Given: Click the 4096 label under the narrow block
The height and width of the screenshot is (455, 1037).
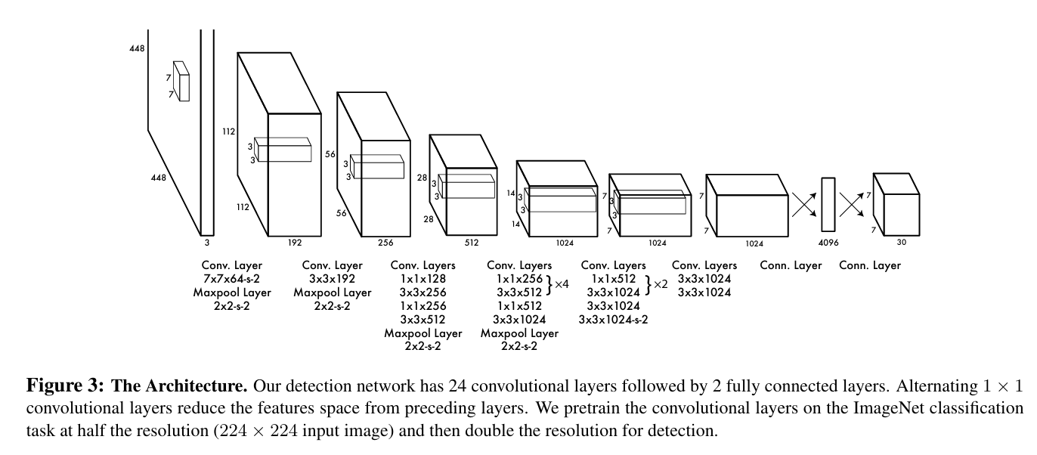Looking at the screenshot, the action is (828, 243).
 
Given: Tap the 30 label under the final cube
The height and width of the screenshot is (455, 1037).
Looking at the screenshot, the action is (902, 242).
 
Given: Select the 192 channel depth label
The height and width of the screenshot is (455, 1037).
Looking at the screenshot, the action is (295, 243).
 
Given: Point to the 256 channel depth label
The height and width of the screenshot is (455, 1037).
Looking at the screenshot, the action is (385, 243).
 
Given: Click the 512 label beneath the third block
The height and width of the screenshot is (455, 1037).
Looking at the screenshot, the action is (472, 243).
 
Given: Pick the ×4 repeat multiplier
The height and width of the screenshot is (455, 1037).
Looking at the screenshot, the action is (562, 284).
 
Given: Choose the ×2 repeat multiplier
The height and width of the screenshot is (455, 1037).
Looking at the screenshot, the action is (661, 284).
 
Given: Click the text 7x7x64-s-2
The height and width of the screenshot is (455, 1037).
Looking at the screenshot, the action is (231, 279).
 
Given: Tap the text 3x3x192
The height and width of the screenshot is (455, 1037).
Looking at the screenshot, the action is (332, 279).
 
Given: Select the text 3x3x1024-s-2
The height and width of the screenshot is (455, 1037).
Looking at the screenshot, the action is (613, 320).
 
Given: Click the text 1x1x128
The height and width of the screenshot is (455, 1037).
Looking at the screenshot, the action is (423, 279).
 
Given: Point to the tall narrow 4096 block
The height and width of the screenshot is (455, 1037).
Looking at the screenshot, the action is (828, 205).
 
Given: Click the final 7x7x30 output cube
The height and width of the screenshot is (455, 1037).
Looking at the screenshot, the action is (896, 205).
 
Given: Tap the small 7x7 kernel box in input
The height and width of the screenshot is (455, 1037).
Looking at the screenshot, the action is (181, 82).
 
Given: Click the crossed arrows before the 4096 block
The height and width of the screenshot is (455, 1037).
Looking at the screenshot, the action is (804, 205).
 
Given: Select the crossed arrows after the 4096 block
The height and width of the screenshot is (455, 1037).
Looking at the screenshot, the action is (852, 205).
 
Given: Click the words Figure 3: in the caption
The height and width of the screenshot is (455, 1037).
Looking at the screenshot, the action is (65, 385).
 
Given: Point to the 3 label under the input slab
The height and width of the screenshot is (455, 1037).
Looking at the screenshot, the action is (207, 243).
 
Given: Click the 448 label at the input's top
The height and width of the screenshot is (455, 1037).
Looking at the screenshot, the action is (137, 48).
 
